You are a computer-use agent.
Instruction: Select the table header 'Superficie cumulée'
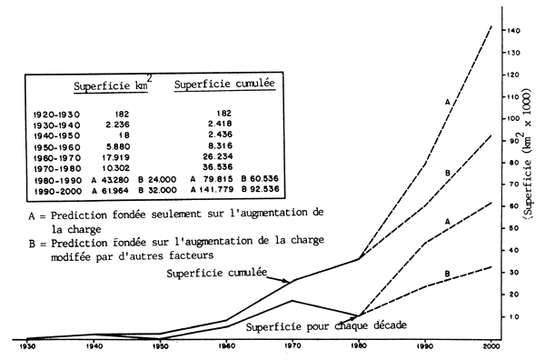click(225, 85)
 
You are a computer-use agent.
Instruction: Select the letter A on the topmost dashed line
click(447, 103)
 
